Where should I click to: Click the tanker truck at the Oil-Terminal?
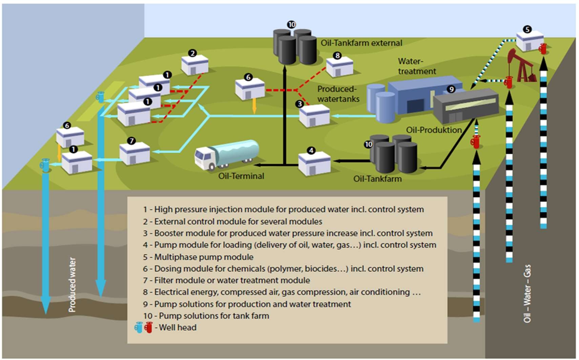(226, 155)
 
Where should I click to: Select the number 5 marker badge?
(527, 29)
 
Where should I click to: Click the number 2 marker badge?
(192, 53)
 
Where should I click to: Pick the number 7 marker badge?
(131, 141)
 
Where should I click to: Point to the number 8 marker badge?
(337, 55)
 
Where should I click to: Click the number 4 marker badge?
(311, 151)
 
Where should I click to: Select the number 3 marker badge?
(299, 104)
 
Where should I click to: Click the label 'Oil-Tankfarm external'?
(361, 43)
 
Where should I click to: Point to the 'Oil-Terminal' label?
(241, 176)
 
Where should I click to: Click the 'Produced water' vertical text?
(72, 284)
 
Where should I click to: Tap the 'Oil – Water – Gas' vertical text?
(527, 293)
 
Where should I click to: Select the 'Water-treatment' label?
(416, 66)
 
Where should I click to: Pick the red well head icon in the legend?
(148, 327)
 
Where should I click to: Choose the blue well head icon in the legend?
(138, 327)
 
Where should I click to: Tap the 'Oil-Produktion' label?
(434, 130)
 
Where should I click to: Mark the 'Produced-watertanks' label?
(338, 94)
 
